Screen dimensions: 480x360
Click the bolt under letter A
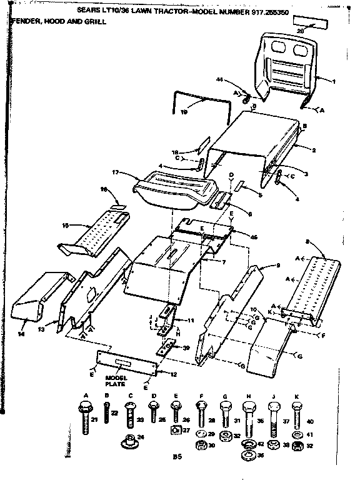point(84,414)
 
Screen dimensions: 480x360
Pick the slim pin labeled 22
point(106,413)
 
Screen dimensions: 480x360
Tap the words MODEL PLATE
point(116,382)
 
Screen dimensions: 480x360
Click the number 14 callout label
point(21,335)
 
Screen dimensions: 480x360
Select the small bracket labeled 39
point(167,346)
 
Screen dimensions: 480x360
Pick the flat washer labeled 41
point(296,433)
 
